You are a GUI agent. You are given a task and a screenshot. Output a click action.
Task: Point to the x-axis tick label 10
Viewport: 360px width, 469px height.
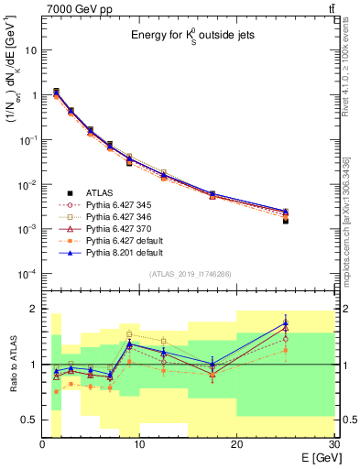coord(139,444)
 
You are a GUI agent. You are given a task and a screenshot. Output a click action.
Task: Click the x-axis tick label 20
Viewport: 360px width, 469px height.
coord(236,444)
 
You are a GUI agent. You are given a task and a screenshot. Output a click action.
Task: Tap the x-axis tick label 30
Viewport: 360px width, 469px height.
coord(333,444)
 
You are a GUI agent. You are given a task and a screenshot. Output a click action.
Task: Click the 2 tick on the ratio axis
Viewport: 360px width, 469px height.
coord(34,309)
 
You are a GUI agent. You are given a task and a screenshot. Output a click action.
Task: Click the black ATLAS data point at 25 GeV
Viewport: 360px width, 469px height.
coord(285,221)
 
